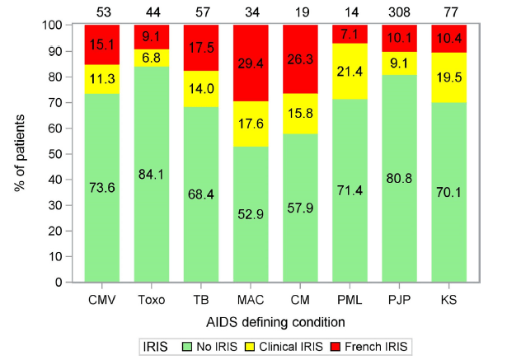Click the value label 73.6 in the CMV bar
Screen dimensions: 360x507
click(101, 188)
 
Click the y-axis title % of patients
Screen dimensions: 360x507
click(21, 153)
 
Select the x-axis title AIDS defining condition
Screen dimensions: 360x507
click(275, 318)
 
